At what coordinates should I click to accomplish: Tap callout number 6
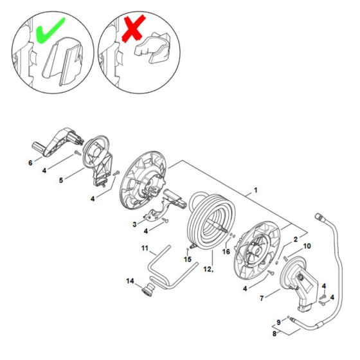30,163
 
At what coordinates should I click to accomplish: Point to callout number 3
134,224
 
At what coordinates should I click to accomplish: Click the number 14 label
131,281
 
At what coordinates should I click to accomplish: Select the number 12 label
207,270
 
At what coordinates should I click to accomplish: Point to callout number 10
307,246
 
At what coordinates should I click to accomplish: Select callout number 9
278,321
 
